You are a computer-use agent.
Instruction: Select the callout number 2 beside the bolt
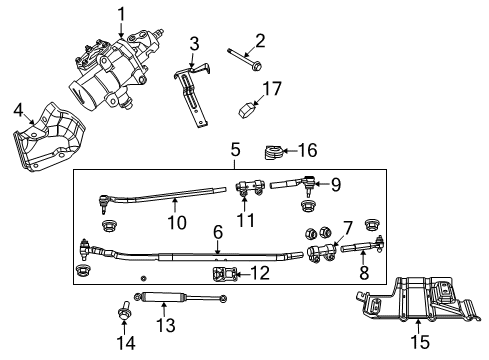pos(259,40)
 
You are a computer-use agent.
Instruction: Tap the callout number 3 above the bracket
pos(195,43)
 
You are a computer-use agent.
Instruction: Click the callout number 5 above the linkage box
pos(235,150)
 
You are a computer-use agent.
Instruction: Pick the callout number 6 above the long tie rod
pos(216,232)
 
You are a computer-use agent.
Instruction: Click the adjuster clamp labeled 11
pos(249,185)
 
